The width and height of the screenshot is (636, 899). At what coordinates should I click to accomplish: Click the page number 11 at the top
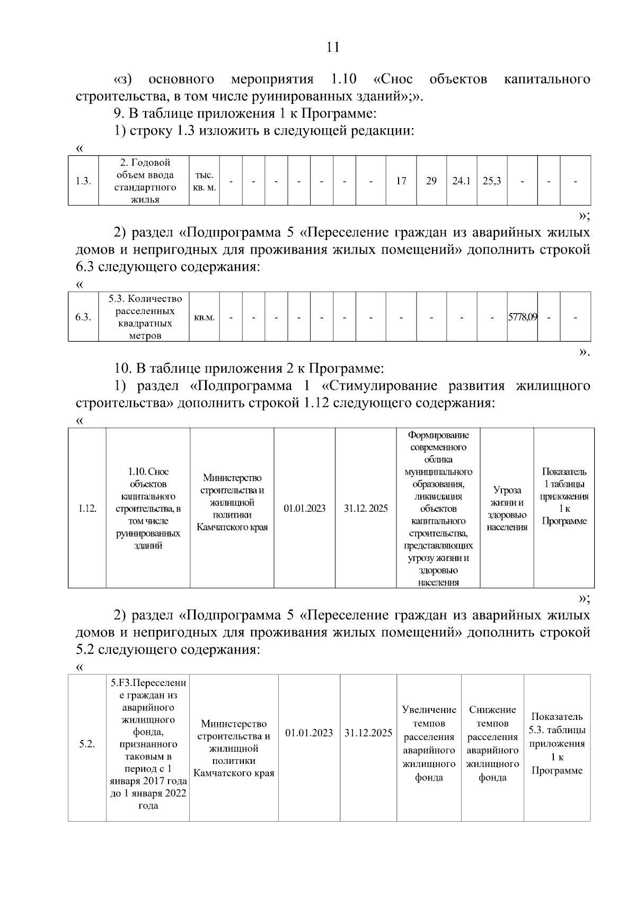coord(333,47)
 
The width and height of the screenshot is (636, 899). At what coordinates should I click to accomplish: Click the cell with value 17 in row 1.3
coord(401,181)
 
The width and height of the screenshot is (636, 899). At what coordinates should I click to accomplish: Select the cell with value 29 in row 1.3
coord(431,181)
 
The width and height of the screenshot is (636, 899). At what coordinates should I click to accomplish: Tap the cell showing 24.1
coord(461,181)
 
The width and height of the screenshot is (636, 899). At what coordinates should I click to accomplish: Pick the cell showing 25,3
coord(492,181)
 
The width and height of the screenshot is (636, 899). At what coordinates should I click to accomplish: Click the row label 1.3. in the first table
coord(83,181)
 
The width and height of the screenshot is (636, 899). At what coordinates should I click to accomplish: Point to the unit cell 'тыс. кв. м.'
coord(204,181)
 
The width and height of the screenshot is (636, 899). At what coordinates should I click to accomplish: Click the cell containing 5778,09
coord(523,317)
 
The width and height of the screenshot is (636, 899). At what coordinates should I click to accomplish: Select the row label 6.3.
coord(83,317)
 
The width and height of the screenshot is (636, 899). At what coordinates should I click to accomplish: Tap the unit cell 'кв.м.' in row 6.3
coord(204,317)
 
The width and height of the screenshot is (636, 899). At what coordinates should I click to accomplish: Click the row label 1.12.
coord(87,508)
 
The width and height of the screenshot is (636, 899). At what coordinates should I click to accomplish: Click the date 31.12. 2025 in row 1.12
coord(366,508)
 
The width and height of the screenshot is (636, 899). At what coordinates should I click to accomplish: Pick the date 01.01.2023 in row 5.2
coord(309,733)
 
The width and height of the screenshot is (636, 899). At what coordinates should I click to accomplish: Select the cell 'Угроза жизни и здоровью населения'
coord(507,508)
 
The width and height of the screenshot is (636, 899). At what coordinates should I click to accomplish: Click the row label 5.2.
coord(87,744)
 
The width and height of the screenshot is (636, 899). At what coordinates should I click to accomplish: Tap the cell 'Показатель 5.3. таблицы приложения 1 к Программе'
coord(557,743)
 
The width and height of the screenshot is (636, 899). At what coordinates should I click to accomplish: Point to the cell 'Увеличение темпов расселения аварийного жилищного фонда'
coord(429,743)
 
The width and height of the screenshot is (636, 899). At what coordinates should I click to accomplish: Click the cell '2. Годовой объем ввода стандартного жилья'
coord(145,181)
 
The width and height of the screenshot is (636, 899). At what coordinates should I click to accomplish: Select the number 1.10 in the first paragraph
coord(343,79)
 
